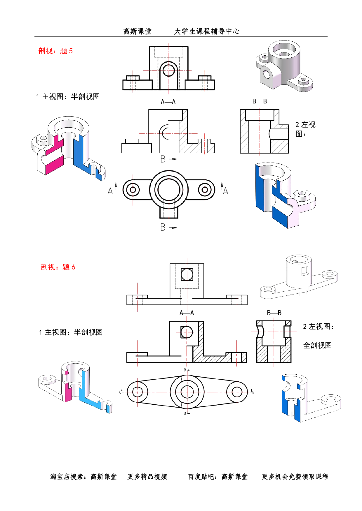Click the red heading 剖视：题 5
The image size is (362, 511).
coord(55,51)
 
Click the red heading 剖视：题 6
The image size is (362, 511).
coord(58,267)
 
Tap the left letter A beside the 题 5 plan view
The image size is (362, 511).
coord(110,191)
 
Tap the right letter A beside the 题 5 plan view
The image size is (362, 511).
coord(225,191)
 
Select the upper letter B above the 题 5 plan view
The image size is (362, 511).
coord(163,159)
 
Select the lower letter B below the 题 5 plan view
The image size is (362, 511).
coord(163,227)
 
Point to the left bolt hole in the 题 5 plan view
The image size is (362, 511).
coord(133,190)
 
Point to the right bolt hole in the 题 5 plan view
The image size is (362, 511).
coord(205,190)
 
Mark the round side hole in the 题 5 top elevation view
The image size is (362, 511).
coord(168,70)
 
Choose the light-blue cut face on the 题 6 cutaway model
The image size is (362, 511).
coord(88,390)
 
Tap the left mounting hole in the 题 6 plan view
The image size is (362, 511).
coord(137,392)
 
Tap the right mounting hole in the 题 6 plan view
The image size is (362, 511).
coord(237,392)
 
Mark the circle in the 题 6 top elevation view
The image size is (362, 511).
coord(187,274)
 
